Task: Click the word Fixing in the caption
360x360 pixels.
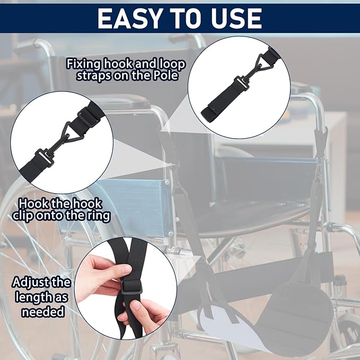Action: pyautogui.click(x=83, y=65)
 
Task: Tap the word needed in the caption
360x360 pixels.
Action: pyautogui.click(x=43, y=312)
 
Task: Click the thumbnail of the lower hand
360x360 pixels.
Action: pyautogui.click(x=136, y=305)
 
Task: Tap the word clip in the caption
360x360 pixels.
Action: pyautogui.click(x=24, y=216)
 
